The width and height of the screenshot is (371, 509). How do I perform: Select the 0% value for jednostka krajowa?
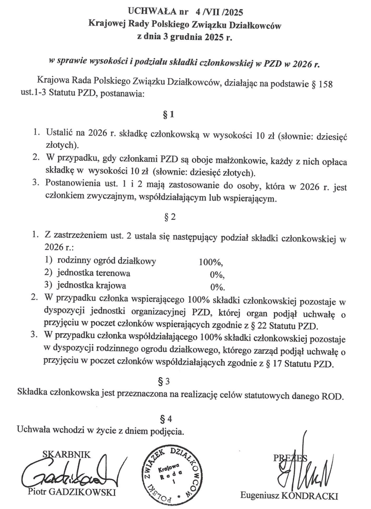(x=218, y=287)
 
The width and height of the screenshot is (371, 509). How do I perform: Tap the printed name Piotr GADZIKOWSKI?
(x=71, y=493)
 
